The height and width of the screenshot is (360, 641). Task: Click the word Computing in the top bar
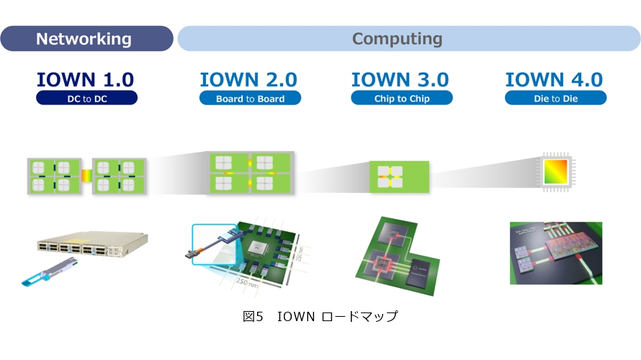(397, 39)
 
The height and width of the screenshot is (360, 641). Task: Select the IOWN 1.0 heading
(86, 79)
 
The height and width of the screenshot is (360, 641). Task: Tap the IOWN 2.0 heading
(248, 79)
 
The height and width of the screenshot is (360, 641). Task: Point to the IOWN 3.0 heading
(400, 79)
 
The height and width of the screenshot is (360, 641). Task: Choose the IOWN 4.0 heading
(555, 79)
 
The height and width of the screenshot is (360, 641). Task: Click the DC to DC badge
(86, 99)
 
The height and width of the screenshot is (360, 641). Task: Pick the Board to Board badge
(250, 99)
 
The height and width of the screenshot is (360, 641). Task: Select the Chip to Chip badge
(401, 99)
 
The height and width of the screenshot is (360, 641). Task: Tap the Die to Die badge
(555, 99)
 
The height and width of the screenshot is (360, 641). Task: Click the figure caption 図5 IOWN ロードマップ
(320, 316)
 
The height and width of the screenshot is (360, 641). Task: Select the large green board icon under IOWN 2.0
(250, 174)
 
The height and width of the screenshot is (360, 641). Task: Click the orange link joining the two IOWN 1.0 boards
(86, 174)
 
